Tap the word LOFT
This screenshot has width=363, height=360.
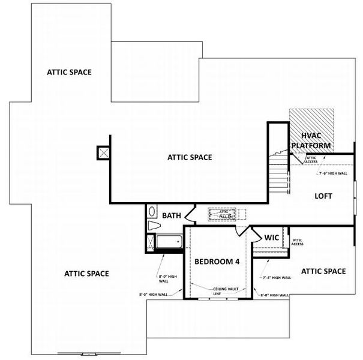[x=323, y=196]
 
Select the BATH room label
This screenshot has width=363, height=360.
[x=171, y=215]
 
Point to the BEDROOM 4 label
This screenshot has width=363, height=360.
[x=217, y=262]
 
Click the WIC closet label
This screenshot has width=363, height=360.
[x=272, y=238]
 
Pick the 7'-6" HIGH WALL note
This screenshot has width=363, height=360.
[x=332, y=173]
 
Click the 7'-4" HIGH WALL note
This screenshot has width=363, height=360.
[x=277, y=278]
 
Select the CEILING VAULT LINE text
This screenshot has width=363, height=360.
[x=226, y=291]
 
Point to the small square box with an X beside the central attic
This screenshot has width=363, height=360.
[x=103, y=152]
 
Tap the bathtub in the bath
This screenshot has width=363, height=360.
[x=169, y=242]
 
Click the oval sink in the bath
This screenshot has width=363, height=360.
[x=152, y=212]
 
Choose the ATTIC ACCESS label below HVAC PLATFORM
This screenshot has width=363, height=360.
[x=311, y=159]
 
